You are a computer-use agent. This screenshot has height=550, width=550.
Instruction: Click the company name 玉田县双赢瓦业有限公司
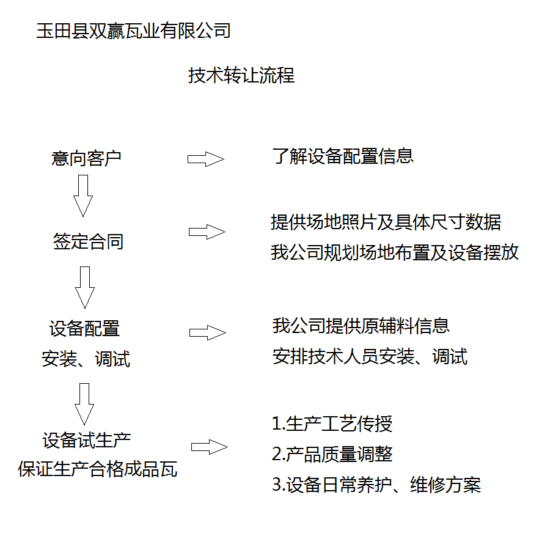133,31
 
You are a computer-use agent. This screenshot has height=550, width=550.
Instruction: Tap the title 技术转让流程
241,76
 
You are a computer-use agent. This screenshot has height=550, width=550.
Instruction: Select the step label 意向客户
86,159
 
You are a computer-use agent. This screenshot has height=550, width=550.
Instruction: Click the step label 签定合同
88,241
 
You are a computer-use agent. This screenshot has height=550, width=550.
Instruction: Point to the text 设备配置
84,329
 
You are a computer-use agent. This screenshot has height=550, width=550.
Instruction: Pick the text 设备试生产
87,439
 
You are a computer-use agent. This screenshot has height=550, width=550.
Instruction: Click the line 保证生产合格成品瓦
98,469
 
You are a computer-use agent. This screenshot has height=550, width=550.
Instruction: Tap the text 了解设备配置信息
343,156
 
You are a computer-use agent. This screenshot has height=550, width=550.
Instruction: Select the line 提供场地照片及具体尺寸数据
386,222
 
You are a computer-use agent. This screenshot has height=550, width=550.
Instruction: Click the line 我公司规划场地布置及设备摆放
395,252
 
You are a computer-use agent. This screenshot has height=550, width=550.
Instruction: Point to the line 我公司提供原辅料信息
361,326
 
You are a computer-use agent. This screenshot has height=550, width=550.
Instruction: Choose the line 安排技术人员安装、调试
370,356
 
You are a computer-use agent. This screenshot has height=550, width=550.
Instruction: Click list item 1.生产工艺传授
332,424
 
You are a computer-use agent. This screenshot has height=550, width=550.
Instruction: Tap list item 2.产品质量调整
332,454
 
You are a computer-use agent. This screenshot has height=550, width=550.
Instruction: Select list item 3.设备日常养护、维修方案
376,485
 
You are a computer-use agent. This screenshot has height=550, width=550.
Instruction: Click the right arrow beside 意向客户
206,159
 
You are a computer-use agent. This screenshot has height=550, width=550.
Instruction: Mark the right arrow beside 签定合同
207,232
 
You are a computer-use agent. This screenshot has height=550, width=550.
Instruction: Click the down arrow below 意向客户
82,196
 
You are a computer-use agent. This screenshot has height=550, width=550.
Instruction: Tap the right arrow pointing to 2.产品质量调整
210,447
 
